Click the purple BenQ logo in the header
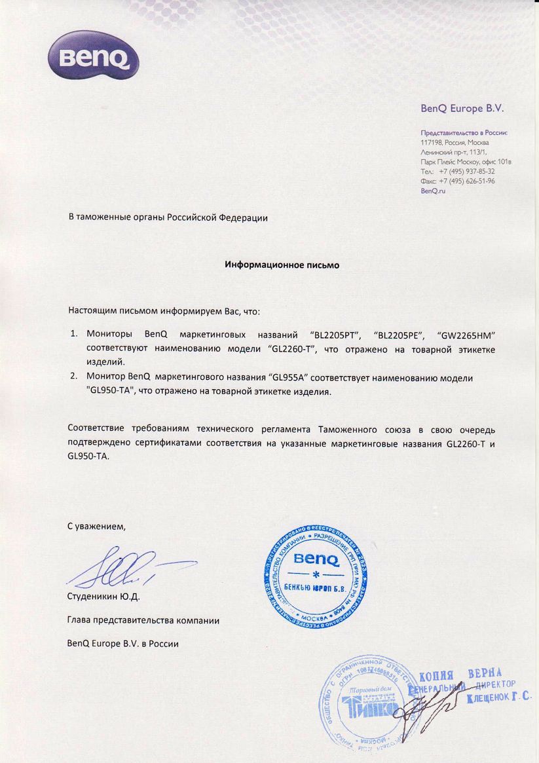pos(92,55)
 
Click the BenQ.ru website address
pos(432,191)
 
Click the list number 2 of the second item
pos(73,378)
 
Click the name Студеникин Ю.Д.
pos(103,597)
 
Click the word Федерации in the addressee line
pos(242,217)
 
